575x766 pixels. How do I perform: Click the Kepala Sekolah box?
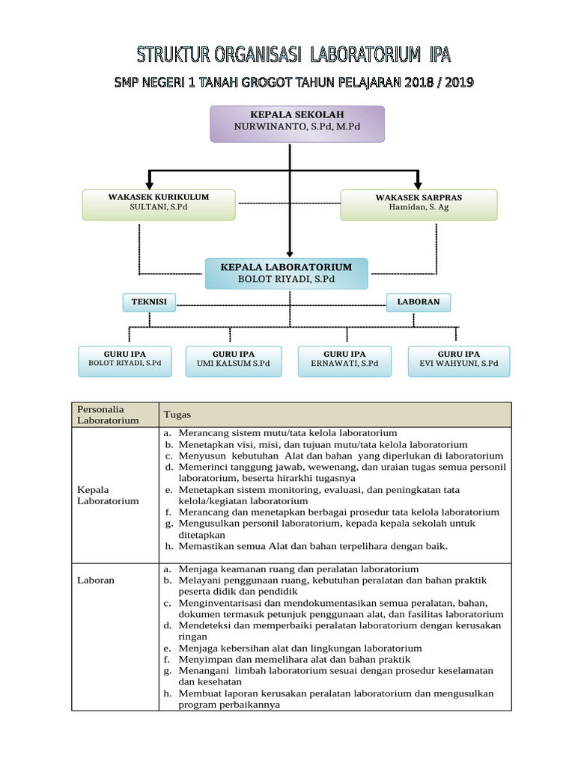pyautogui.click(x=296, y=123)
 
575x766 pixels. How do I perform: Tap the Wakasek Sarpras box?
pyautogui.click(x=419, y=204)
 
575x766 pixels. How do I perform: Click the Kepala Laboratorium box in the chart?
pyautogui.click(x=286, y=273)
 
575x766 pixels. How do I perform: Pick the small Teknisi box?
pyautogui.click(x=149, y=302)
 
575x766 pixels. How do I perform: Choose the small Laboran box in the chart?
pyautogui.click(x=419, y=302)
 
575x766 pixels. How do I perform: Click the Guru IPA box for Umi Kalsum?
pyautogui.click(x=234, y=361)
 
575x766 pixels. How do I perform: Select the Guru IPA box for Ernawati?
pyautogui.click(x=344, y=361)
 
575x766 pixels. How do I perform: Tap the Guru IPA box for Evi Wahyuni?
pyautogui.click(x=458, y=361)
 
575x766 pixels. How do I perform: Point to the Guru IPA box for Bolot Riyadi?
pyautogui.click(x=124, y=361)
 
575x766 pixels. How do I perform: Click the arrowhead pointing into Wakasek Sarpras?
pyautogui.click(x=418, y=184)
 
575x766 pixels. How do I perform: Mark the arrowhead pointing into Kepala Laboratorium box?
pyautogui.click(x=289, y=254)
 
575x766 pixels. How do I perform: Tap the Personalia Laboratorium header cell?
pyautogui.click(x=109, y=414)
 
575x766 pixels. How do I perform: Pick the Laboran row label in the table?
pyautogui.click(x=96, y=580)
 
